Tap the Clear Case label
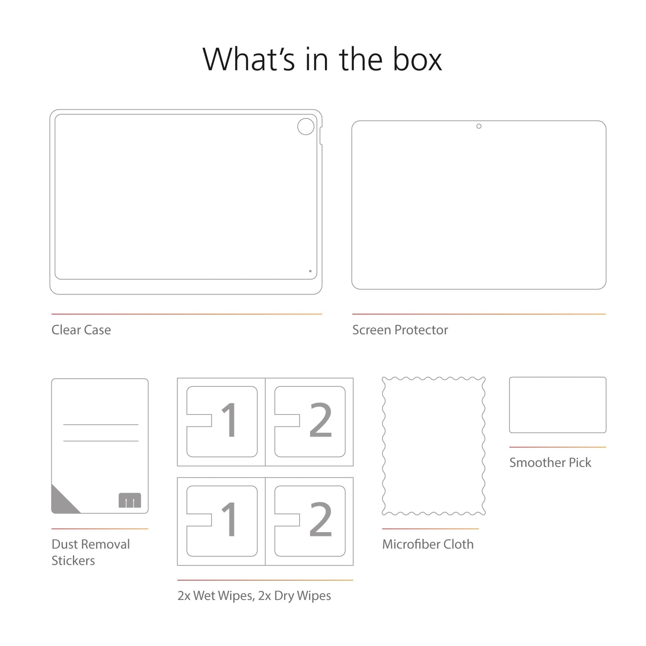(x=81, y=330)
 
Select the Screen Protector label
(x=400, y=330)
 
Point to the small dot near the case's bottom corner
(x=310, y=271)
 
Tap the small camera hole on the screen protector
(x=479, y=126)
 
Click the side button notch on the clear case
(x=321, y=136)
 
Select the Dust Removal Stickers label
(x=91, y=552)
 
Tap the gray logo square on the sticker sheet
(x=130, y=500)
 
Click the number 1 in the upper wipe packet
(x=229, y=420)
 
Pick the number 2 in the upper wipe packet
(x=320, y=420)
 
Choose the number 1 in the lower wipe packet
(x=229, y=519)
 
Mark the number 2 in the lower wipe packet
(x=320, y=519)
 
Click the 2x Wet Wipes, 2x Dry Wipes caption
(x=254, y=596)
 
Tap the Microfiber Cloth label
(x=428, y=544)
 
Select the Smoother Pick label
(x=550, y=463)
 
